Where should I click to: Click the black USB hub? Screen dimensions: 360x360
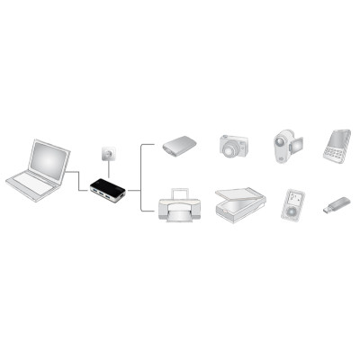pos(108,190)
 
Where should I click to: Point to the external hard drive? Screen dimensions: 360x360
pos(181,146)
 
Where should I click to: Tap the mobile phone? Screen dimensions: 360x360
pos(337,145)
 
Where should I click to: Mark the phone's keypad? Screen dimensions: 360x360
pos(334,153)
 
